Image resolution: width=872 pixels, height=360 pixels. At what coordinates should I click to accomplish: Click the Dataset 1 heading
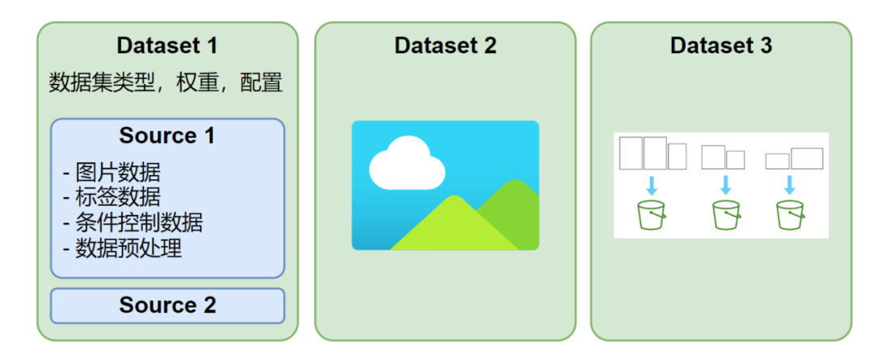tap(167, 45)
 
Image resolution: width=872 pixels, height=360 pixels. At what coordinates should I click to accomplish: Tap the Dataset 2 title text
tap(445, 45)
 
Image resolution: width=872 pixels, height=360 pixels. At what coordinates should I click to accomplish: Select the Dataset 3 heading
tap(721, 45)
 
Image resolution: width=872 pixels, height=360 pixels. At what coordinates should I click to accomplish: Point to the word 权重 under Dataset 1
tap(196, 83)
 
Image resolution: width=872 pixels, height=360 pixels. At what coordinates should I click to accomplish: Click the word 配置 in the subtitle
tap(262, 83)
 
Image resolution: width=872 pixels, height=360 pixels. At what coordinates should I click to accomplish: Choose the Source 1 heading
tap(167, 136)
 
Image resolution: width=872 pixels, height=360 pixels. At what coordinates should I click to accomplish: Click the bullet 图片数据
tap(111, 173)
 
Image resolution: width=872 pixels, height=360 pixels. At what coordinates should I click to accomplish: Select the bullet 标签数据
tap(111, 198)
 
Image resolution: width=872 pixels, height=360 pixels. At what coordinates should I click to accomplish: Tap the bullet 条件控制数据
tap(132, 223)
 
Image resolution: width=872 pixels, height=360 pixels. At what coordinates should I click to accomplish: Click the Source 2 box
tap(167, 306)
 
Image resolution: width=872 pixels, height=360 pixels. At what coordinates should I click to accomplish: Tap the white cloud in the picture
tap(406, 163)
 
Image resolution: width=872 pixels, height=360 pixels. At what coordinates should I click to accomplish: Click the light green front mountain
tap(454, 223)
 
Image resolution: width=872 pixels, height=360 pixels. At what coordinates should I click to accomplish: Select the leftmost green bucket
tap(652, 215)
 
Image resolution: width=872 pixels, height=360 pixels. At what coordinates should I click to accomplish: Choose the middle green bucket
tap(727, 215)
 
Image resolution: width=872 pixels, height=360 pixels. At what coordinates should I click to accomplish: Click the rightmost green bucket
tap(790, 215)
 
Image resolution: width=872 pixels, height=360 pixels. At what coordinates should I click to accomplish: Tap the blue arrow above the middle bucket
tap(725, 185)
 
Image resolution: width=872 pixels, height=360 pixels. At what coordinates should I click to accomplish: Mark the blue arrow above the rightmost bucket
tap(789, 185)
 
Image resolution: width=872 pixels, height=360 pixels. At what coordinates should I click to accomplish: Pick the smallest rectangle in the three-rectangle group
tap(677, 156)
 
